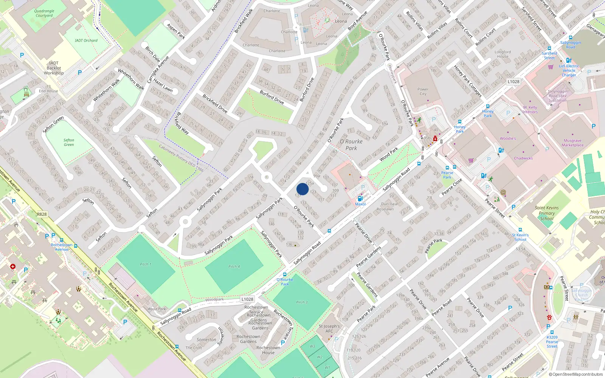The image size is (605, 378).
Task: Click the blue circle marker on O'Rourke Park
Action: pos(302,189)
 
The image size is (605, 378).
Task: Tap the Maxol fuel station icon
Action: pos(360,198)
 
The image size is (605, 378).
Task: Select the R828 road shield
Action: pos(42,214)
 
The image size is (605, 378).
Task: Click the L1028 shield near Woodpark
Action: pos(247,299)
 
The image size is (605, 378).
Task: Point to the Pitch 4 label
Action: pos(234,266)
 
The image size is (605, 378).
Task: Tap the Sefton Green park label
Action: pos(69,142)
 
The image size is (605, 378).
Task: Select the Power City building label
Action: pos(423,91)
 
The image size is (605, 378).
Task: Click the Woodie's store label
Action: pos(508,138)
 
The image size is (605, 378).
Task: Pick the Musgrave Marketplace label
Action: pos(572,143)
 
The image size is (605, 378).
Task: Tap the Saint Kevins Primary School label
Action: pos(546,213)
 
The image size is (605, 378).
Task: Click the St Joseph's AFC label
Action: pos(329,328)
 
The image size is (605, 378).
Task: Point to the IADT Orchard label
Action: pos(86,40)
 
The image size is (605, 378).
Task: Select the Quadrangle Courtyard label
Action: pos(44,13)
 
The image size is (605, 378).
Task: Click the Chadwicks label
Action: pos(523,158)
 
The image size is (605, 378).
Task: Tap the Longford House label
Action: pos(503,54)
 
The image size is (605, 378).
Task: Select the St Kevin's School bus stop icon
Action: pos(520,230)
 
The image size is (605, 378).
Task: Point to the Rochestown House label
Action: pos(268,350)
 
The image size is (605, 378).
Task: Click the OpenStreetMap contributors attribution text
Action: pos(576,374)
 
